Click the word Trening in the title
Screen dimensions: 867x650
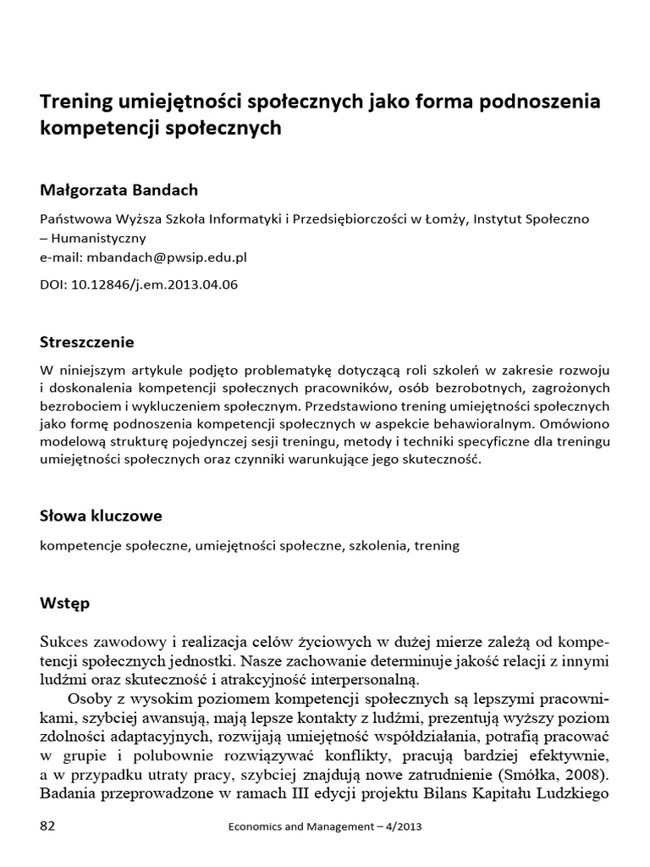click(78, 102)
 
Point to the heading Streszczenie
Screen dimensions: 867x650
click(87, 342)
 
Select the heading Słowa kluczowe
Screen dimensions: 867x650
click(101, 516)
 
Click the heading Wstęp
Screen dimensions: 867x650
click(64, 604)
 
